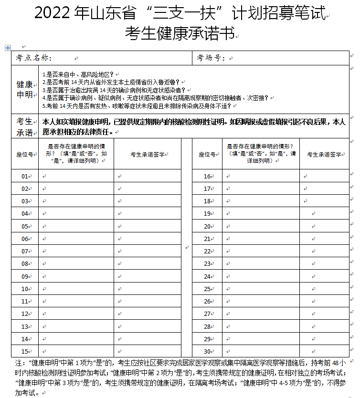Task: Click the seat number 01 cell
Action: [25, 176]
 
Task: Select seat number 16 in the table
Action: [207, 176]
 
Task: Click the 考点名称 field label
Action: [33, 58]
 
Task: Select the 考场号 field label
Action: [210, 58]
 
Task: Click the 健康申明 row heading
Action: [25, 89]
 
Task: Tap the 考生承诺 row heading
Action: [25, 126]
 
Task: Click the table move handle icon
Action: [7, 48]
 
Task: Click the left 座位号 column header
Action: [25, 154]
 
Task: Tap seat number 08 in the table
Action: [25, 263]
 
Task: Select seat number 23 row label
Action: [207, 263]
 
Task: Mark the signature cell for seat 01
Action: [148, 176]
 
